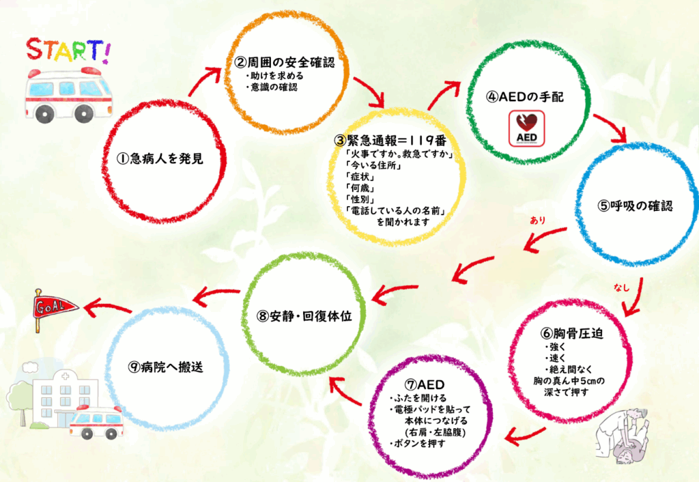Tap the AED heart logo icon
(526, 128)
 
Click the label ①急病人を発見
(160, 158)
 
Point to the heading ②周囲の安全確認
(285, 62)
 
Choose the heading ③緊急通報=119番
(390, 141)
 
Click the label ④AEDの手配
(525, 96)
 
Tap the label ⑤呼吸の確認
(635, 205)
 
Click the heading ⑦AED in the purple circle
(425, 384)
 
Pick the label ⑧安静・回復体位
(304, 315)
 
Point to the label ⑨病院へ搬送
(165, 367)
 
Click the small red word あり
(537, 221)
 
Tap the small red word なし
(621, 287)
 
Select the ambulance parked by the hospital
(96, 422)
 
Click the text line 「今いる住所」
(373, 165)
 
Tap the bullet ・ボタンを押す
(417, 443)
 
